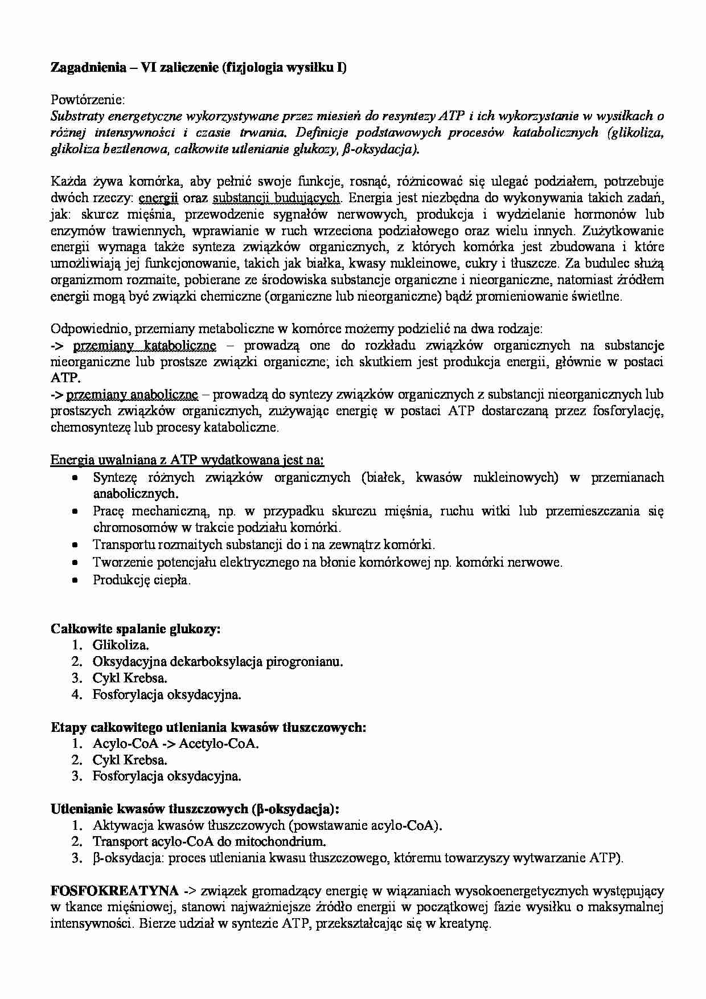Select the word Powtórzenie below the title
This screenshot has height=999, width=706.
tap(88, 100)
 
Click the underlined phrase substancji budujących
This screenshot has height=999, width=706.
tap(276, 198)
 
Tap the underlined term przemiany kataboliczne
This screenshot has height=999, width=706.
tap(145, 346)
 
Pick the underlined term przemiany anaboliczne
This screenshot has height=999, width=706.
tap(132, 395)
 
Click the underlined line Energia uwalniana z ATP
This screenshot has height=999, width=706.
tap(187, 460)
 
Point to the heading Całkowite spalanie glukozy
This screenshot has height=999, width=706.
tap(136, 629)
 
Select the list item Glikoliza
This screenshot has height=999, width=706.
tap(121, 645)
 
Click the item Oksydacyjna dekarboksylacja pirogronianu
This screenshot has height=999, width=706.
tap(218, 662)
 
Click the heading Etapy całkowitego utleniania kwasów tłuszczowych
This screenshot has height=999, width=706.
tap(208, 727)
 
